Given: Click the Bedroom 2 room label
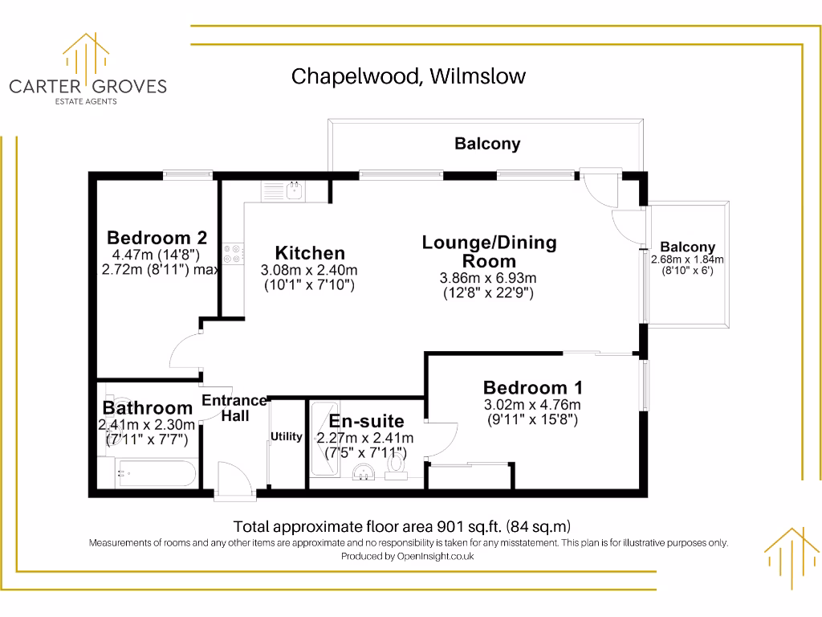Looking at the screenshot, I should coord(157,238).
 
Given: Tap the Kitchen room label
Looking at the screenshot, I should coord(310,252).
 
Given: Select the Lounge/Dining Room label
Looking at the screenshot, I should coord(489,251).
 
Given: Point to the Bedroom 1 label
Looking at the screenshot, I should coord(533,387).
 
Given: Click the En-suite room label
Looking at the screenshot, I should coord(366,421).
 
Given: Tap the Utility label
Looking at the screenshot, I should coord(287,437).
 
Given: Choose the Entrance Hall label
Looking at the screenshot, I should coord(234,407).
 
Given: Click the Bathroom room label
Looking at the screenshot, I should coord(148,408).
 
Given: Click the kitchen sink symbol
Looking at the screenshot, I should coord(294,190).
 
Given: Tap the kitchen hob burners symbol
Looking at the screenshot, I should coord(233,253).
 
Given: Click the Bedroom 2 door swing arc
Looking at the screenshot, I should coord(184,353).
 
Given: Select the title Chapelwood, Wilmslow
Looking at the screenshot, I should coord(408,76).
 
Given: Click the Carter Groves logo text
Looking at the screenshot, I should coord(87,86).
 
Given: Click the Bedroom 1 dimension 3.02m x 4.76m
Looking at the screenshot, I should coord(531,405).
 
